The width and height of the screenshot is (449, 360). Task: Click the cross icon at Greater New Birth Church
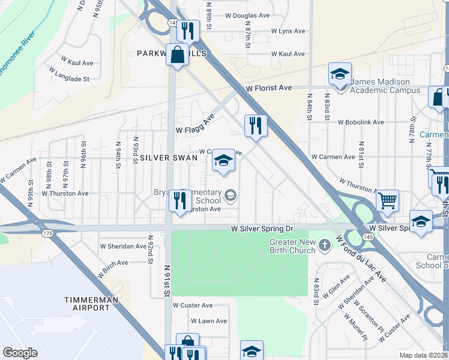click(325, 245)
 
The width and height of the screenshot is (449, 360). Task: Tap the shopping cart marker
click(388, 200)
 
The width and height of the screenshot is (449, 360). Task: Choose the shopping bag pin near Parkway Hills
click(178, 55)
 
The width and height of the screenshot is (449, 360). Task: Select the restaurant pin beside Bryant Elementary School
click(179, 200)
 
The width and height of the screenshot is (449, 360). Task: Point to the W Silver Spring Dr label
click(262, 229)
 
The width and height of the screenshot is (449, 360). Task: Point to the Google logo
click(20, 353)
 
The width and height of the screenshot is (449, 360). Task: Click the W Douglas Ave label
click(247, 16)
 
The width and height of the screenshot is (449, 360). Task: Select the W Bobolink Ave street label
click(361, 122)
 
